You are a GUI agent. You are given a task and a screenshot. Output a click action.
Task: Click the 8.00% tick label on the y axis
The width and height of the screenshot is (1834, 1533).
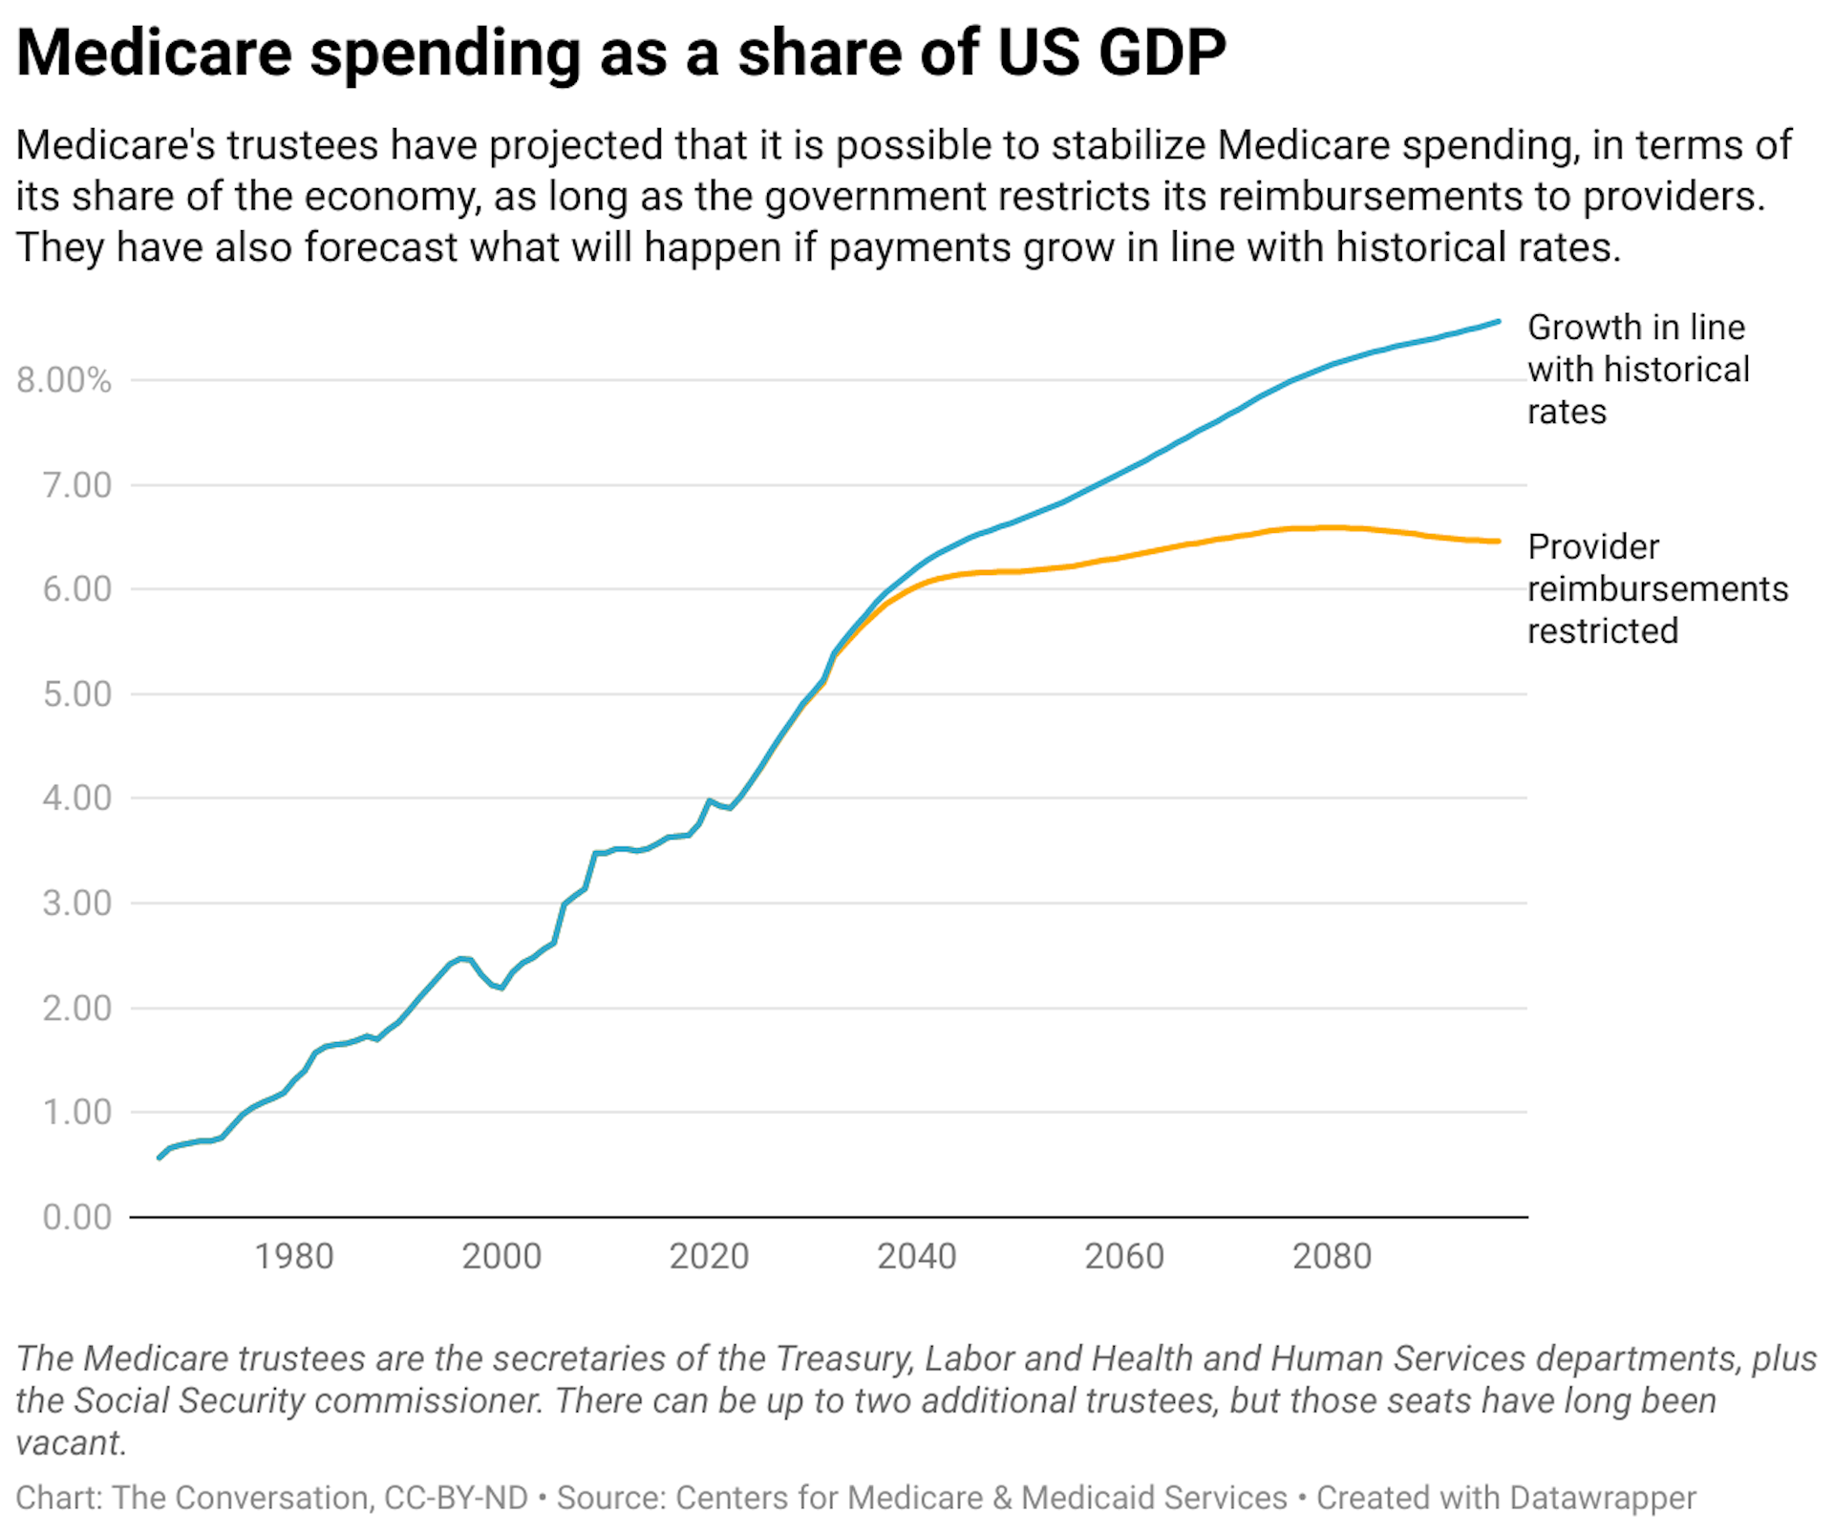64,380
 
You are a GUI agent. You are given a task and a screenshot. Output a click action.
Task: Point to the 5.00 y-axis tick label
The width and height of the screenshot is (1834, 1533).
77,694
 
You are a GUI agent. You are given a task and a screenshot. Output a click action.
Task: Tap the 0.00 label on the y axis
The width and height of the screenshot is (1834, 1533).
77,1217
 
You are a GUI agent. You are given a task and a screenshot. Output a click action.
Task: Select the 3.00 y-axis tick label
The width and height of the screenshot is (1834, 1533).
77,903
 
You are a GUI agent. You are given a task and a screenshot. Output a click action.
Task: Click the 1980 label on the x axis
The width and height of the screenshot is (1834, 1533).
294,1256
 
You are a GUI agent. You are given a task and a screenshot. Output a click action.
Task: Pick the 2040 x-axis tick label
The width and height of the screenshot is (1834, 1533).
917,1256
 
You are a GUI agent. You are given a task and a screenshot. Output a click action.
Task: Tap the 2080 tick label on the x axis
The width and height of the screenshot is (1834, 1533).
1332,1256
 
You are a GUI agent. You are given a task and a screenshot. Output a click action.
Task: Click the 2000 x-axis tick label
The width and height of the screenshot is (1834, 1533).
501,1256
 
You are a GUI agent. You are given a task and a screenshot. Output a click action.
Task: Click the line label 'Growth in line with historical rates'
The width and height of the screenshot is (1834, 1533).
1637,369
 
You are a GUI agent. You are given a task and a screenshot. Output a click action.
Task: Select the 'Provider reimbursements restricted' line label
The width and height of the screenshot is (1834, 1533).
1656,588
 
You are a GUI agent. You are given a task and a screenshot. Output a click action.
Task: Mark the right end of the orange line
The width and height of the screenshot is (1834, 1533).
1499,542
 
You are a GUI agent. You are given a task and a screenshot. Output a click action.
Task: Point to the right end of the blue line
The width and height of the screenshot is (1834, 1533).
1499,322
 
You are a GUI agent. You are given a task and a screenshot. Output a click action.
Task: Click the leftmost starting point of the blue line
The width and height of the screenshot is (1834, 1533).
160,1158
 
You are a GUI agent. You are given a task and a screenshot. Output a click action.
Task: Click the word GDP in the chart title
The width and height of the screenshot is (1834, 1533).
1162,53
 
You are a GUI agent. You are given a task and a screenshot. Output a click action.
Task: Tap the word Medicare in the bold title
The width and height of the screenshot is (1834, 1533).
154,53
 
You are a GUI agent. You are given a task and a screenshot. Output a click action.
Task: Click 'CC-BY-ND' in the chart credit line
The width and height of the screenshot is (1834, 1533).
456,1498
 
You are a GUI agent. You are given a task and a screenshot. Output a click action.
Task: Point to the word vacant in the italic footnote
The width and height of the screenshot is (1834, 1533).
71,1442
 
